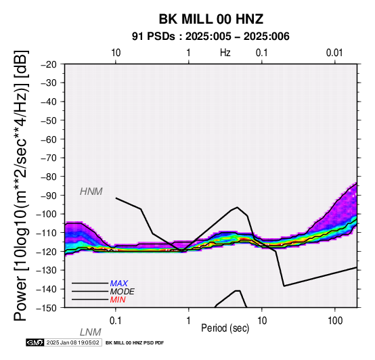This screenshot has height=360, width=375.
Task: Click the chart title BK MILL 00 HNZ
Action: click(211, 19)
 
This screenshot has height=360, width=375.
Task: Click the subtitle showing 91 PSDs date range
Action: click(211, 37)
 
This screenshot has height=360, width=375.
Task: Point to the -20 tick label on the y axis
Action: click(49, 64)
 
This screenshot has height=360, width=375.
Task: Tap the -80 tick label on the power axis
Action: click(49, 177)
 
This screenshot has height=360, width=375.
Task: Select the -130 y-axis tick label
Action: click(47, 271)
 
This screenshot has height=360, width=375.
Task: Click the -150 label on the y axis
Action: click(47, 308)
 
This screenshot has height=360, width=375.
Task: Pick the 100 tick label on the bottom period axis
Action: click(335, 321)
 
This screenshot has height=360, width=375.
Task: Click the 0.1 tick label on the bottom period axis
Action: click(116, 321)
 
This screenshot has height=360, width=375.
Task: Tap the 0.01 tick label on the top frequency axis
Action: click(334, 53)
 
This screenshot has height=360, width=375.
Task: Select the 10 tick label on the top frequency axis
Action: click(116, 53)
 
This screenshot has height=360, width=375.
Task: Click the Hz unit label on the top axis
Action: click(225, 53)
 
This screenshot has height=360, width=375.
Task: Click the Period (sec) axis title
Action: click(225, 328)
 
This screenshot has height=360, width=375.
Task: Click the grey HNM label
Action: click(91, 192)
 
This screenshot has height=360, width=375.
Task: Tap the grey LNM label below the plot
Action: click(91, 332)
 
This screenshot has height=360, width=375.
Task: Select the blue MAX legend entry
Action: click(119, 284)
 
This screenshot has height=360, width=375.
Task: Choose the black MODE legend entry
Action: click(123, 292)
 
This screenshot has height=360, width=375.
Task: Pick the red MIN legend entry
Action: click(118, 300)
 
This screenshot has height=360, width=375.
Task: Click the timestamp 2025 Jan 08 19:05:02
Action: click(73, 342)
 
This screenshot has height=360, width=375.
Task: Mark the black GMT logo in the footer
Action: click(35, 342)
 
